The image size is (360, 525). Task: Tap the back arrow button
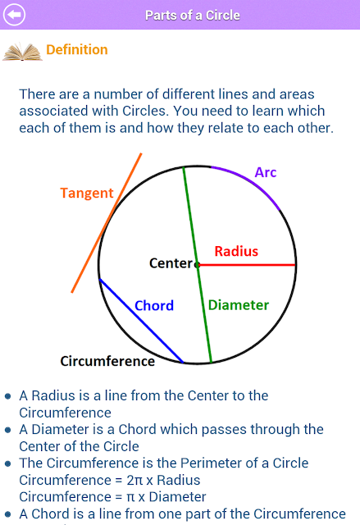pos(14,15)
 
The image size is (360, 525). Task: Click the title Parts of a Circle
pos(193,15)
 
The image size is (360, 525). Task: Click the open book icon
pos(22,52)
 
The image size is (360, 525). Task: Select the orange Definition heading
pos(77,49)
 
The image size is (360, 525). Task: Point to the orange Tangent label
pos(87,194)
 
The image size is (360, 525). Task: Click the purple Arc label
pos(266,172)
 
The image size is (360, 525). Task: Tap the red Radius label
pos(236,251)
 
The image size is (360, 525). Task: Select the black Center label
pos(171,263)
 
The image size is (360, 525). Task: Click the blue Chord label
pos(154,305)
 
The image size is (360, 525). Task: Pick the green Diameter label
pos(239,305)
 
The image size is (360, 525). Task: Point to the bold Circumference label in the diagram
pos(107,361)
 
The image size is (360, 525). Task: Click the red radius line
pos(247,265)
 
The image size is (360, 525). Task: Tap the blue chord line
pos(142,321)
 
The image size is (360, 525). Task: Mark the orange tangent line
pos(107,223)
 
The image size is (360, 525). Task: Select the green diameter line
pos(198,264)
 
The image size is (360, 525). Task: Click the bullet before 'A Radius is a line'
pos(8,396)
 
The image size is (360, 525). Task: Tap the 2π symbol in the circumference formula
pos(134,481)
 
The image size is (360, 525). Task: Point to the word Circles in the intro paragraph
pos(144,111)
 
